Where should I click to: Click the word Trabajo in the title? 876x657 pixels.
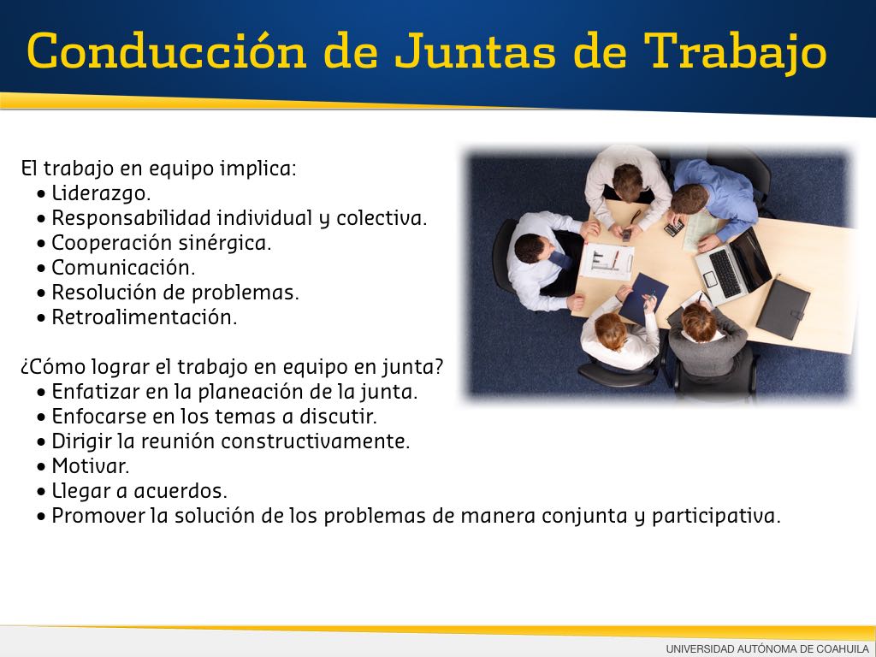coord(735,52)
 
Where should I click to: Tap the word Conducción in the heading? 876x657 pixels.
coord(167,50)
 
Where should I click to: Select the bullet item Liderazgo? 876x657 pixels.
coord(101,193)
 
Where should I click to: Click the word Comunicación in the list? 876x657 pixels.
coord(123,268)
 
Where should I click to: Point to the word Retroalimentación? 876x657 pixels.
coord(144,317)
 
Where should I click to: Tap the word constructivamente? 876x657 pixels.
coord(316,441)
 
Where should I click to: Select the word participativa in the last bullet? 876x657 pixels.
coord(716,516)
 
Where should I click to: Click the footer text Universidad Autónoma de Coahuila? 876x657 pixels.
coord(767,648)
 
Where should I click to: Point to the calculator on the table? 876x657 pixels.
coord(674,228)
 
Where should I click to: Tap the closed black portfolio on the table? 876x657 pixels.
coord(783,308)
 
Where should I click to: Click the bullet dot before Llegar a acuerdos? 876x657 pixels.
coord(41,492)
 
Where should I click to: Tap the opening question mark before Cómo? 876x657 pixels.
coord(25,369)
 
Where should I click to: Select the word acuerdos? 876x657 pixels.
coord(181,491)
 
